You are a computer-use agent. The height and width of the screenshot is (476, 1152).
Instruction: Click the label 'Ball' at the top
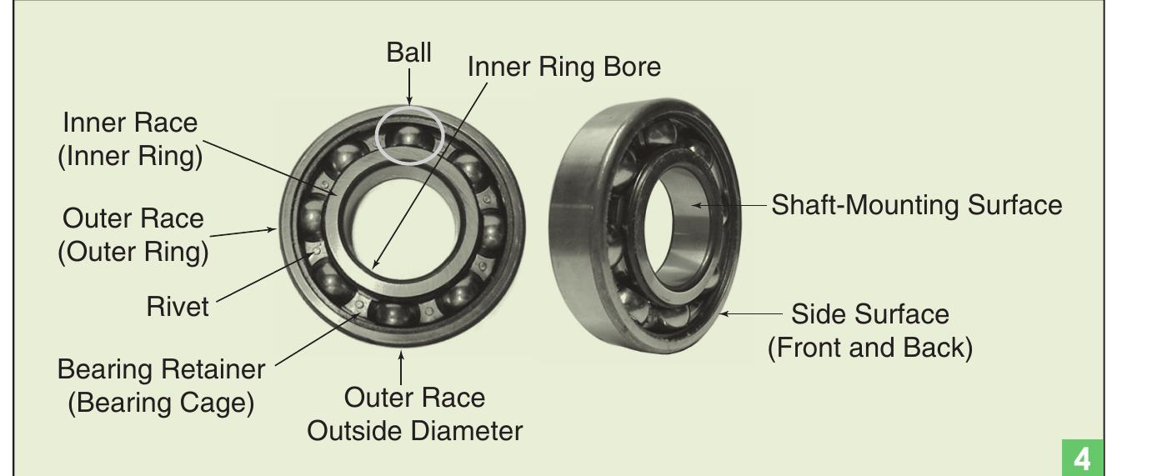[408, 53]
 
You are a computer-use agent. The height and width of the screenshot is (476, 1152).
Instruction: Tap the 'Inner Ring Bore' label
[563, 68]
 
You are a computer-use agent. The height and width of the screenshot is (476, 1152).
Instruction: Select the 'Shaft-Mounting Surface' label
[916, 205]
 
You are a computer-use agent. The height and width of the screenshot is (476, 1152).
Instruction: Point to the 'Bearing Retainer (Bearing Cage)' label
[160, 384]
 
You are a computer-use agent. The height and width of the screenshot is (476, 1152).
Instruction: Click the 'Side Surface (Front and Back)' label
[869, 330]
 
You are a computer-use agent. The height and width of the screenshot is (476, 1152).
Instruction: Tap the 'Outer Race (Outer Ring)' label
[133, 235]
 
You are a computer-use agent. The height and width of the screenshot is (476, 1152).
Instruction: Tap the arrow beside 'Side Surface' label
[750, 314]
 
